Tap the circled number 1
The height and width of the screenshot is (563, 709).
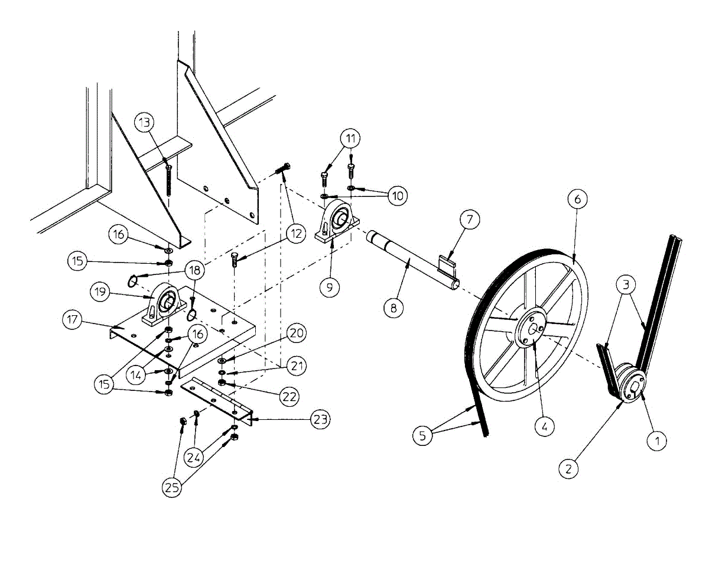658,440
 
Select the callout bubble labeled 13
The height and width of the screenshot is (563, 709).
145,122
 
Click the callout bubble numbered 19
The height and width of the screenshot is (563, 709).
100,290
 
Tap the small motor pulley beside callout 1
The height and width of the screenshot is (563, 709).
628,384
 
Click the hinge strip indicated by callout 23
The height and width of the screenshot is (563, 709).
216,399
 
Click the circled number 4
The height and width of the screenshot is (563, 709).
544,425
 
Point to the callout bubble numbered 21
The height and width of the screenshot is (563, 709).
297,367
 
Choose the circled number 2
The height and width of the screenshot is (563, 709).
568,469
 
